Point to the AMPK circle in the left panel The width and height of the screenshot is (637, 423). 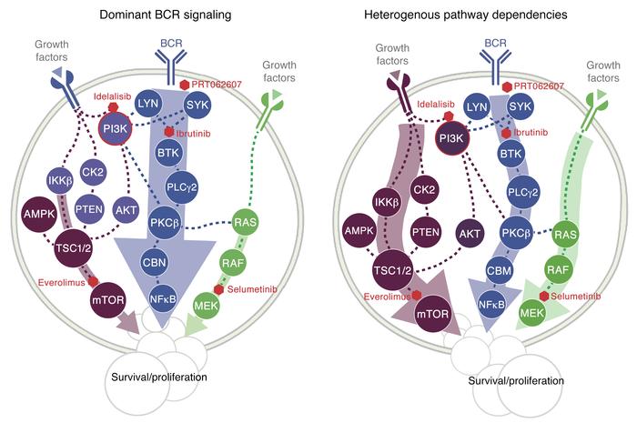click(x=31, y=215)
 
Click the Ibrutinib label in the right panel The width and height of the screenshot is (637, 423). click(x=539, y=133)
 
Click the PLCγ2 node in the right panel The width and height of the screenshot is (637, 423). click(x=518, y=188)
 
